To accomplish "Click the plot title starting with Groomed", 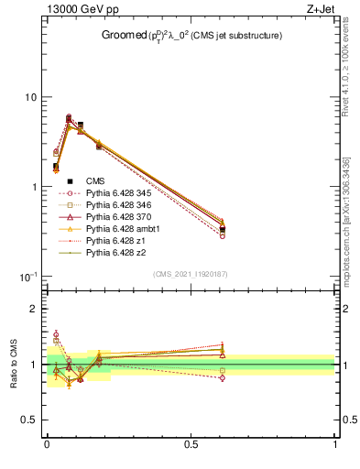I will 191,36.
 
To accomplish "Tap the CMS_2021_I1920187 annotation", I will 190,273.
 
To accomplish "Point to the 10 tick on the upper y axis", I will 29,97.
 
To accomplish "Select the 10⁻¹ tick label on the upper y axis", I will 27,277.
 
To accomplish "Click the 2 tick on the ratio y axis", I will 34,309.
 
